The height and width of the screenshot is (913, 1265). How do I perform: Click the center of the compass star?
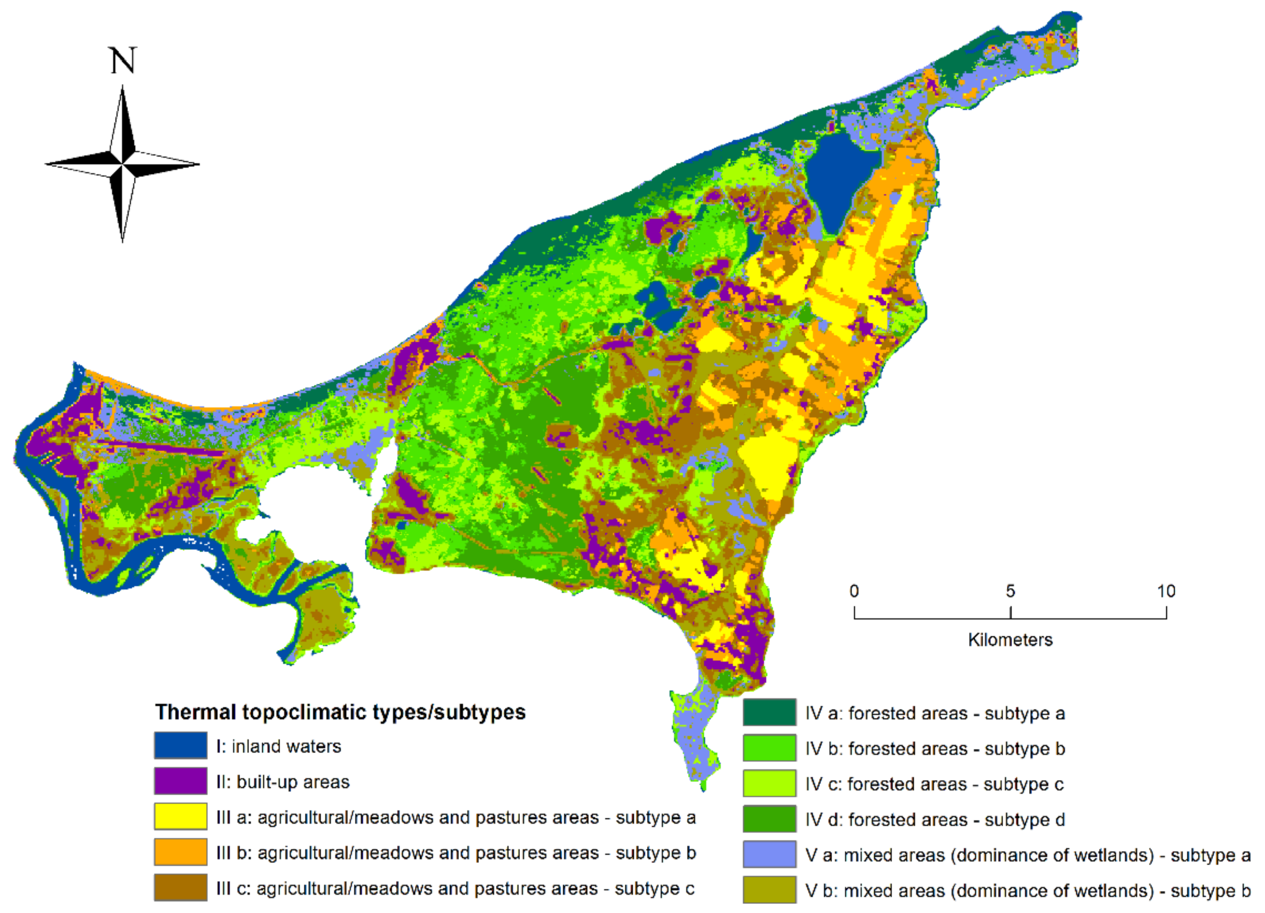[x=122, y=164]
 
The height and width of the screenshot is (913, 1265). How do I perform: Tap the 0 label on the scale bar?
[x=854, y=591]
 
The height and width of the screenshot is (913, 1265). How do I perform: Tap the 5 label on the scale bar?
[x=1010, y=591]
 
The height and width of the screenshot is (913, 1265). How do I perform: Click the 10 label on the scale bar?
[x=1166, y=591]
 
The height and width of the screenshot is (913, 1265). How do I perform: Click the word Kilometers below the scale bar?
[x=1010, y=639]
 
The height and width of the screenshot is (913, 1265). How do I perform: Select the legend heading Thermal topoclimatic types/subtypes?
[x=340, y=712]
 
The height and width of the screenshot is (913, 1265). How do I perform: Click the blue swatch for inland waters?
[x=181, y=746]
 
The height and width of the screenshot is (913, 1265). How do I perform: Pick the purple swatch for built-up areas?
[x=181, y=781]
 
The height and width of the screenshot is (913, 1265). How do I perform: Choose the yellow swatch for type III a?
[x=181, y=816]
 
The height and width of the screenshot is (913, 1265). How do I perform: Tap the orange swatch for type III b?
[x=181, y=852]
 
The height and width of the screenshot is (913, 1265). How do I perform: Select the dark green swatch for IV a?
[x=769, y=712]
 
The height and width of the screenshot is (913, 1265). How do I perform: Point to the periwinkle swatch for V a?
[x=769, y=855]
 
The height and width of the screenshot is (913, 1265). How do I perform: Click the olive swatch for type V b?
[x=769, y=890]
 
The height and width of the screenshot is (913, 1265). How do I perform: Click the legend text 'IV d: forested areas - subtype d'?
[x=935, y=819]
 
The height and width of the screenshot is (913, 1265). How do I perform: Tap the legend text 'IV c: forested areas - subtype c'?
[x=934, y=784]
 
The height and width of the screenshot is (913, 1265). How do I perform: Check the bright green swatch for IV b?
[x=769, y=748]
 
